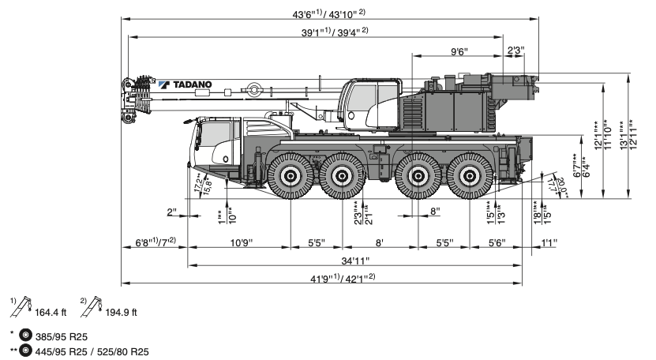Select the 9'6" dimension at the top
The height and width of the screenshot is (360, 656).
tap(459, 51)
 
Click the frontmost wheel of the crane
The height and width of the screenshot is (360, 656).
tap(289, 175)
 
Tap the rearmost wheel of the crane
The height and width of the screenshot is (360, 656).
tap(471, 175)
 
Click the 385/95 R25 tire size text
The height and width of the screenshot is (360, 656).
tap(59, 336)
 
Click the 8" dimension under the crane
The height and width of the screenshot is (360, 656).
tap(434, 211)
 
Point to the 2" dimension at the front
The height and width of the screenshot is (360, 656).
tap(172, 212)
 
